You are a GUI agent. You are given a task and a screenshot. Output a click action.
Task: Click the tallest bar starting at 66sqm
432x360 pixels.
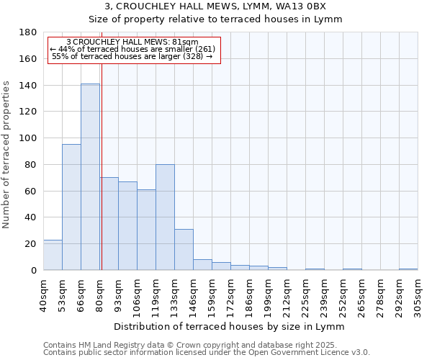[x=90, y=177]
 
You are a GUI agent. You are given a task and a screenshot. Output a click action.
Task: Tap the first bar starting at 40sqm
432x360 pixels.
[x=53, y=255]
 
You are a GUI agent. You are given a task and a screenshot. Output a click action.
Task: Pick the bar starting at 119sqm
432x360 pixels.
[x=165, y=217]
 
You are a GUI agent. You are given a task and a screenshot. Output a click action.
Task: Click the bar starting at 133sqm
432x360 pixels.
[x=184, y=250]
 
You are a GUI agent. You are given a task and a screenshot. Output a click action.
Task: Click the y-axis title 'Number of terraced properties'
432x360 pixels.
[x=6, y=155]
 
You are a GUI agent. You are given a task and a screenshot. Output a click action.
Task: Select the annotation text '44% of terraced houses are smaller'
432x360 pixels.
[x=132, y=49]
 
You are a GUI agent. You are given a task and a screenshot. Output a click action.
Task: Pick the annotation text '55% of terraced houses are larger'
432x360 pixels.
[x=132, y=56]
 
